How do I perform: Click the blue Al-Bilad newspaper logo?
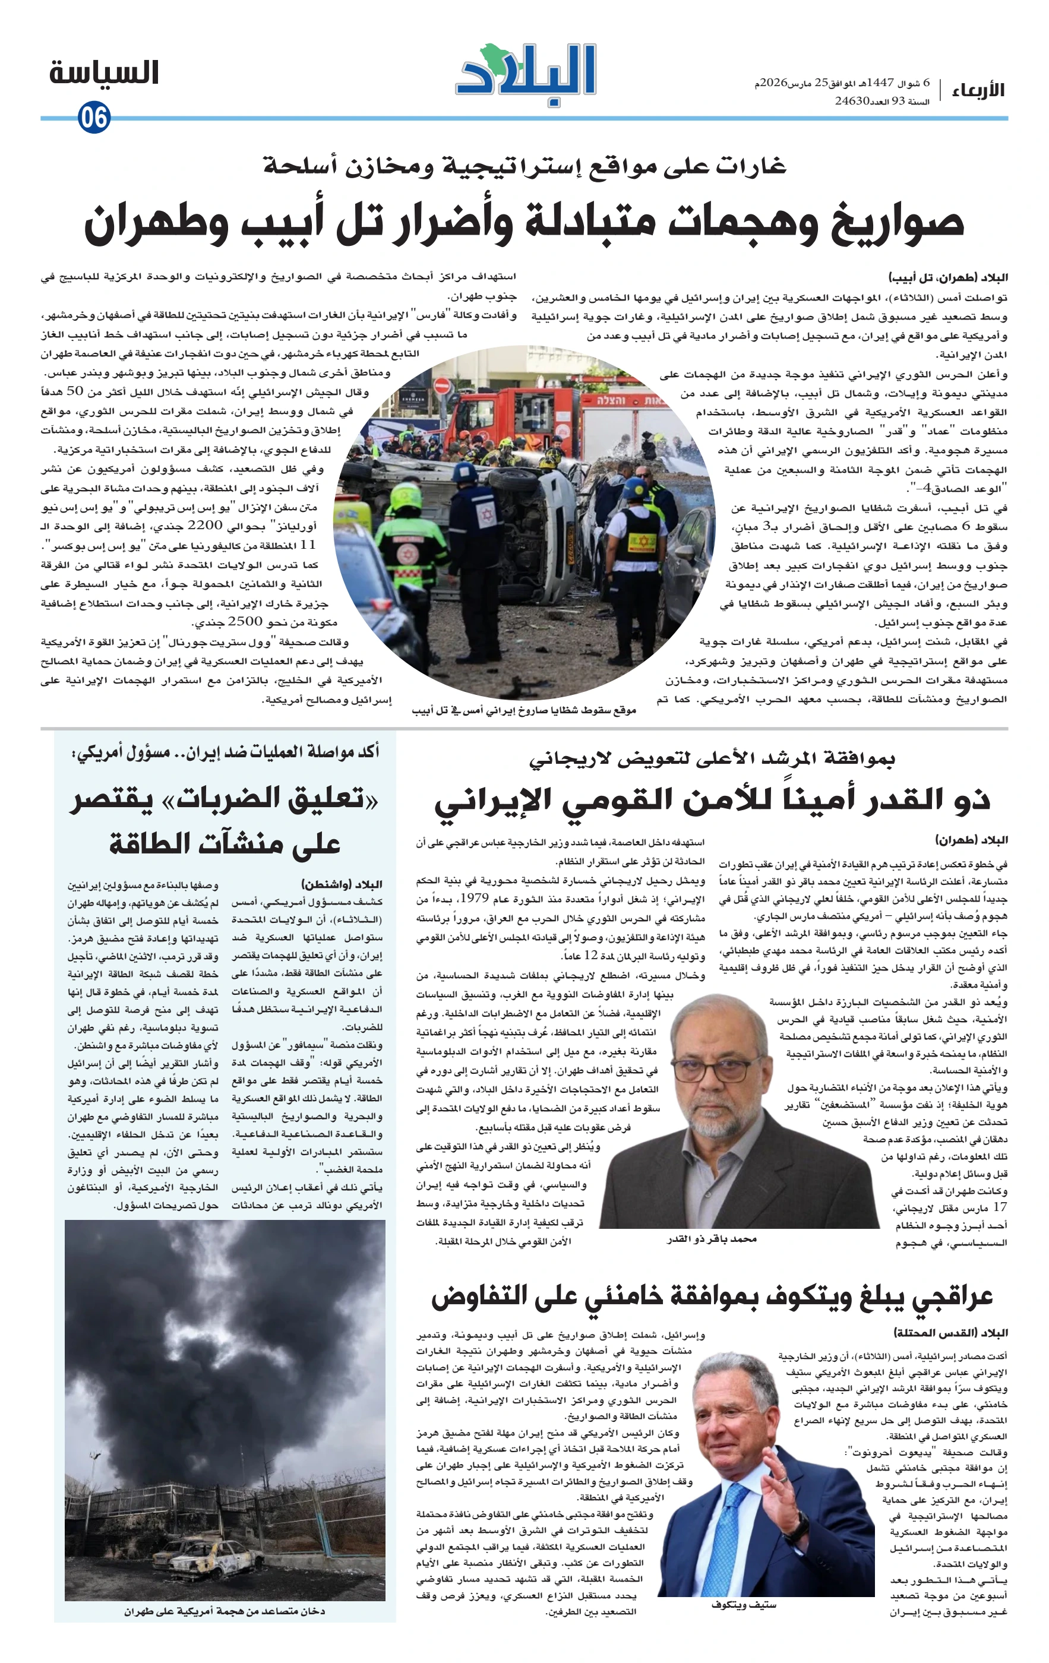(x=526, y=75)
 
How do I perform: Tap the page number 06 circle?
(x=94, y=118)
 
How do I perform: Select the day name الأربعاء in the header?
(x=978, y=90)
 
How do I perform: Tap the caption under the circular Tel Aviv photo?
(x=523, y=710)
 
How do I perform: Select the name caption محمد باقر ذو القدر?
(x=711, y=1239)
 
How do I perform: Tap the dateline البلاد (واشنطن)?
(x=341, y=884)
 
